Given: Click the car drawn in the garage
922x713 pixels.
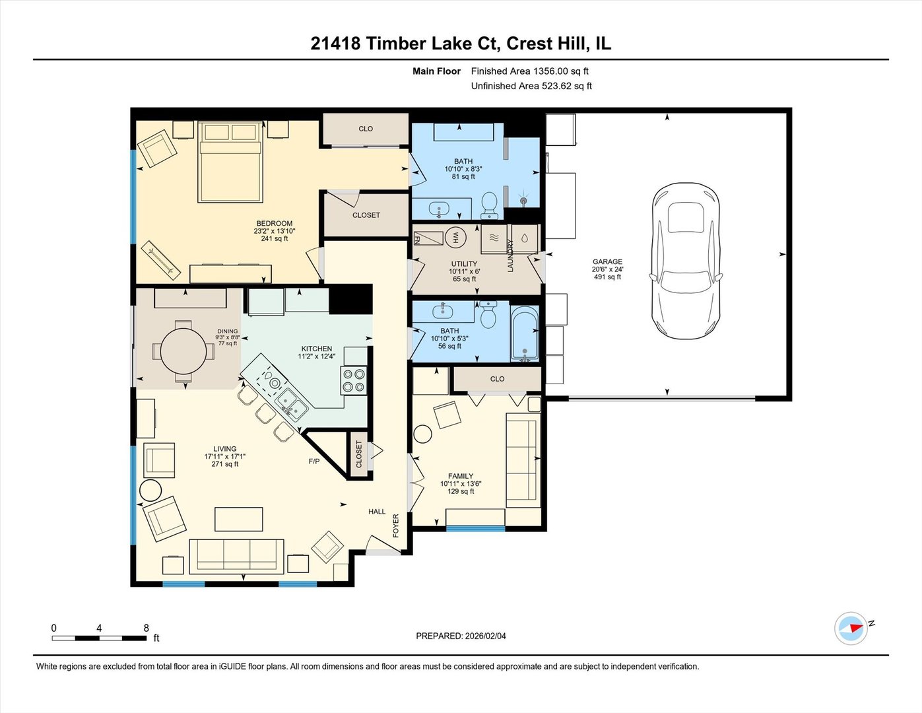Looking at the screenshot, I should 685,261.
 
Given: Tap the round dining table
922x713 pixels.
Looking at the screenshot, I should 183,351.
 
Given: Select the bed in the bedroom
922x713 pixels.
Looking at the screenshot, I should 230,162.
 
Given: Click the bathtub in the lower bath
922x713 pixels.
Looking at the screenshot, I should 525,334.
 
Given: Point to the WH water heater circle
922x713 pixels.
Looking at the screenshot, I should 455,237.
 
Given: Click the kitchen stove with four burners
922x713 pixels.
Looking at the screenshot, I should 354,380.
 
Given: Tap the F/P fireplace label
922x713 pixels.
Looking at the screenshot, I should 314,461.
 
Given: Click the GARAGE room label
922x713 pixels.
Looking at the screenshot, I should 607,262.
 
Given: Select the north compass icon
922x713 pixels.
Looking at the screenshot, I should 851,628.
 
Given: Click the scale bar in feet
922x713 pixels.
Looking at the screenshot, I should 99,638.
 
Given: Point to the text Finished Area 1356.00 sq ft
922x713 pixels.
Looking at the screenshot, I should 529,71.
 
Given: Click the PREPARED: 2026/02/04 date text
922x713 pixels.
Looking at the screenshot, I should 461,636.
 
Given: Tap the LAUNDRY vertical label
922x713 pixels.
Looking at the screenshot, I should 510,255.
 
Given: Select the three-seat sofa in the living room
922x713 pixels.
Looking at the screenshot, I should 236,556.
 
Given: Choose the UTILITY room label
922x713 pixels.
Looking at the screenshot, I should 464,264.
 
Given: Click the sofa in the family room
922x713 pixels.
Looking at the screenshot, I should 522,459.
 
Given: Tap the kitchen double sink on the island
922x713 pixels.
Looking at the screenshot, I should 291,403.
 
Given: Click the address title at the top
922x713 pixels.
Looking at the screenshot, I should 461,44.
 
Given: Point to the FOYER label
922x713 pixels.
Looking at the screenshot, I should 396,526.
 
